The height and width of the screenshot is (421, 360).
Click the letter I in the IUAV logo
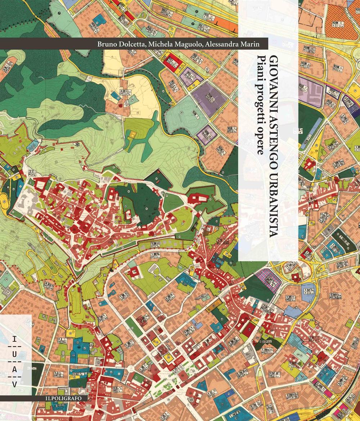coord(15,339)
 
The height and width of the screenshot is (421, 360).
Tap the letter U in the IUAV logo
coord(15,354)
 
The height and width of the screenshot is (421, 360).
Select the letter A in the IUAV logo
coord(15,370)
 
